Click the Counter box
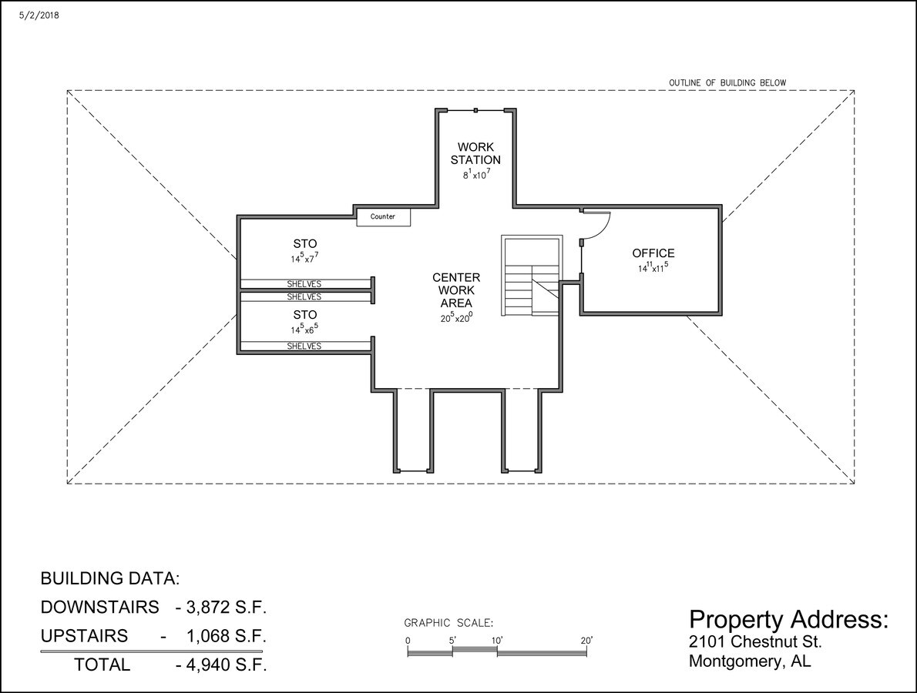(384, 217)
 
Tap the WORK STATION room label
(475, 153)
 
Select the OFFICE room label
(653, 253)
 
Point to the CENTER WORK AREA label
(456, 290)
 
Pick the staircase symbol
(532, 276)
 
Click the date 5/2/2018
(39, 15)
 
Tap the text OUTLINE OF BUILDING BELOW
(727, 83)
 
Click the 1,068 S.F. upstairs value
(227, 636)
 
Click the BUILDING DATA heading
(110, 578)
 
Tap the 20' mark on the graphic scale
(586, 641)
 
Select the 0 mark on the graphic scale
(408, 641)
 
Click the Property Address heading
(788, 619)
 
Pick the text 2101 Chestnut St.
(756, 641)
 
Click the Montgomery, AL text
(750, 661)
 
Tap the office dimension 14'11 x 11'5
(653, 268)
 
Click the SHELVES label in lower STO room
(304, 346)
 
